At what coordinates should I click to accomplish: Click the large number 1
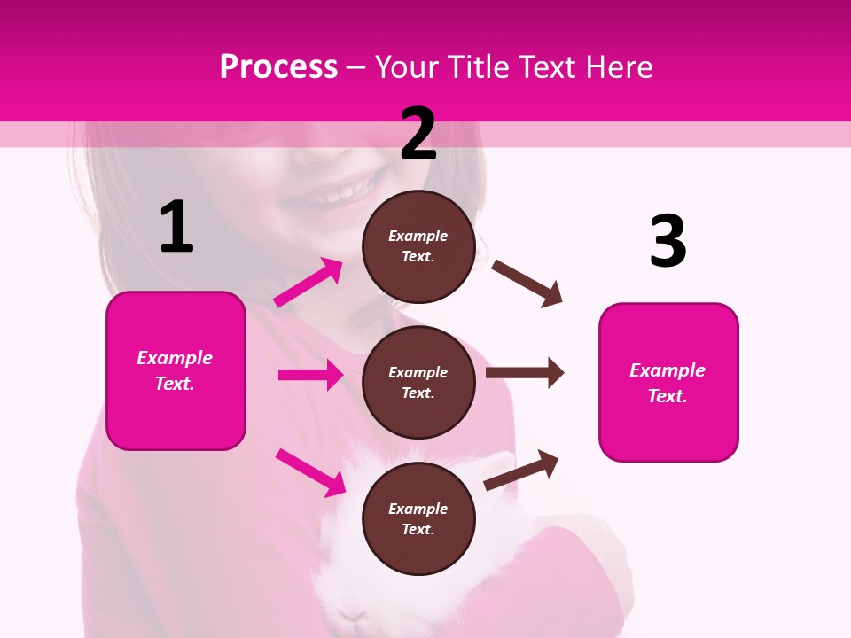point(176,227)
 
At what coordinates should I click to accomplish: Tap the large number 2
point(418,134)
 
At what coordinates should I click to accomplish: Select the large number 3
point(668,241)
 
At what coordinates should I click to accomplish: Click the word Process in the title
point(278,67)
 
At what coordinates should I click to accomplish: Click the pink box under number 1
point(176,370)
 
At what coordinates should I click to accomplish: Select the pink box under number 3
point(668,382)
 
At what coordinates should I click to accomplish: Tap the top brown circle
point(418,246)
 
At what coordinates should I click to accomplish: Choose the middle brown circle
point(418,382)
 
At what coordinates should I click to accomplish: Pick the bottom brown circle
point(418,518)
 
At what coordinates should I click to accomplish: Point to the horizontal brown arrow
point(524,373)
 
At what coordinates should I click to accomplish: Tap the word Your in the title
point(406,67)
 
